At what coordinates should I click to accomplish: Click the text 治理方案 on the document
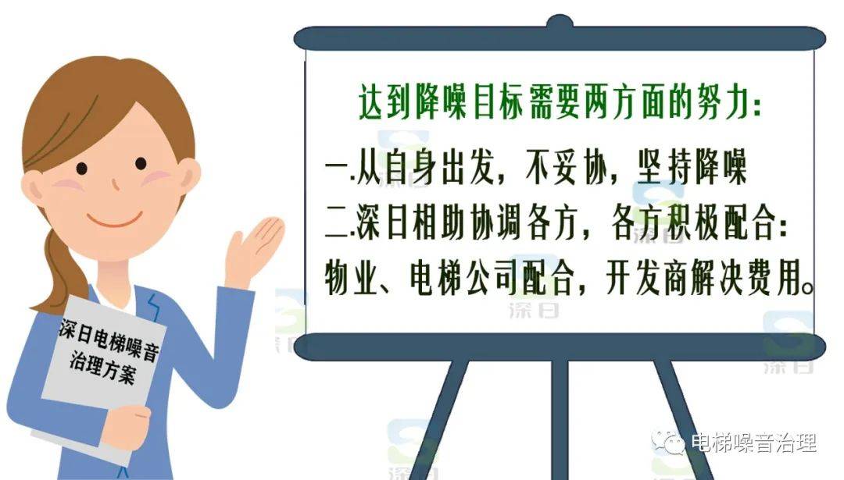point(102,367)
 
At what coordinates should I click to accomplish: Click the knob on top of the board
point(560,22)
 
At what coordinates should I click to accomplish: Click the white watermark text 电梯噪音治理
point(753,443)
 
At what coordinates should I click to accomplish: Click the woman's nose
point(115,184)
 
